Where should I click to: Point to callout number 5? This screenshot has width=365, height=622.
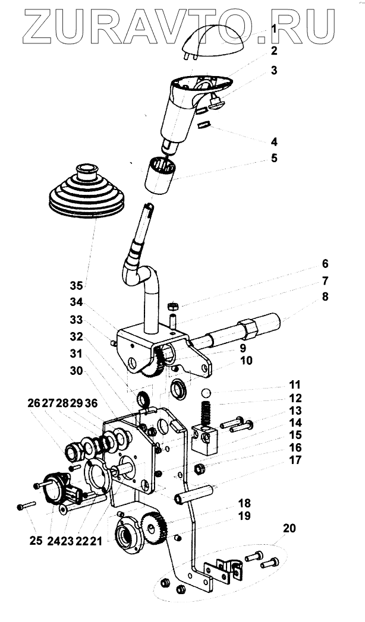(274, 159)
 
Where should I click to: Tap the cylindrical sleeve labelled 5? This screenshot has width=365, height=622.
(159, 175)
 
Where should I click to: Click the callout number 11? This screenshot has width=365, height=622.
(295, 384)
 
